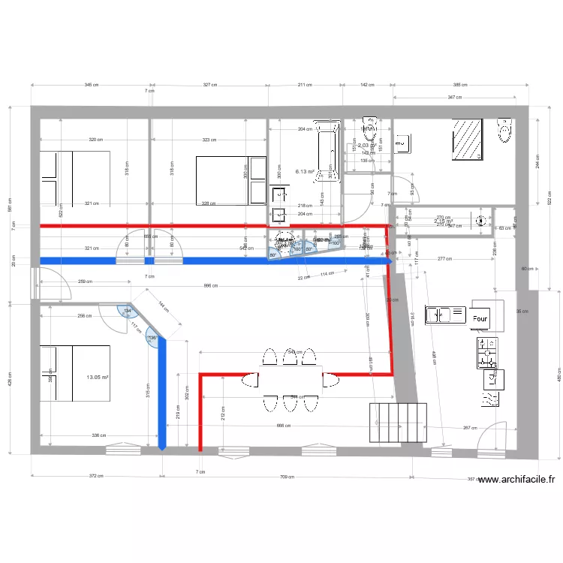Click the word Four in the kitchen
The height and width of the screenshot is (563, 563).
click(x=480, y=318)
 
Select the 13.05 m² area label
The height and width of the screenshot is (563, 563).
click(x=97, y=378)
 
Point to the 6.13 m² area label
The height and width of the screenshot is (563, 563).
click(x=305, y=171)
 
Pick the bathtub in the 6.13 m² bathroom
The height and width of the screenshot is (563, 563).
click(x=329, y=154)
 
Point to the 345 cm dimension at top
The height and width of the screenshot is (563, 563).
click(x=91, y=86)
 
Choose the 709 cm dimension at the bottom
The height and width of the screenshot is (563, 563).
click(x=286, y=476)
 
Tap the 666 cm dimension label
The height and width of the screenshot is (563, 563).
click(x=282, y=426)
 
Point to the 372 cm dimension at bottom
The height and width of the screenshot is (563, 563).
click(x=95, y=476)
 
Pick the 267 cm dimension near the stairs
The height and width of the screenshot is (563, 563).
click(x=470, y=428)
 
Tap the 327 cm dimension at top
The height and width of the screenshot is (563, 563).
click(x=210, y=86)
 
